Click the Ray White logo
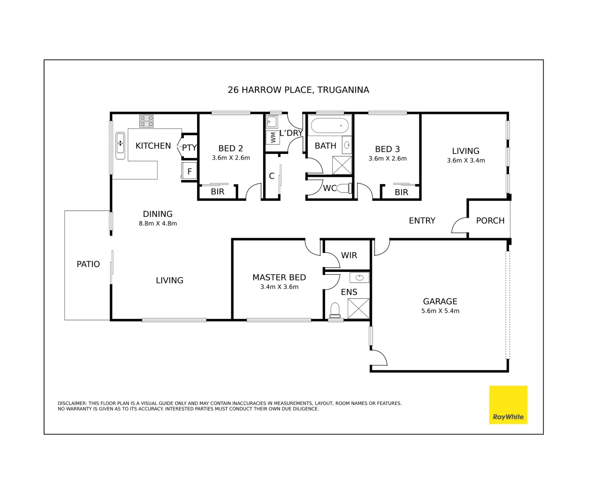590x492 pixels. point(508,405)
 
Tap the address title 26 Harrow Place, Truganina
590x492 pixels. point(298,90)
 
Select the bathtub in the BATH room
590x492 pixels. point(329,125)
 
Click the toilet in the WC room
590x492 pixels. point(345,188)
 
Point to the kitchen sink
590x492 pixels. point(120,145)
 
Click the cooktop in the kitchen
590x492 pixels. point(146,121)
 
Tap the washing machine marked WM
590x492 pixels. point(273,137)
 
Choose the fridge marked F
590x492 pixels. point(189,171)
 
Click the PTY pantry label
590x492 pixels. point(189,148)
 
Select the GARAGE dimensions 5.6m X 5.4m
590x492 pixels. point(440,311)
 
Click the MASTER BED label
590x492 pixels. point(279,277)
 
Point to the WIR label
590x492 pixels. point(349,256)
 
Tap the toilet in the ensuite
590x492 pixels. point(335,310)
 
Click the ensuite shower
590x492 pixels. point(358,308)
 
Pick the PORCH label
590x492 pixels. point(490,220)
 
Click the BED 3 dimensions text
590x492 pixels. point(387,159)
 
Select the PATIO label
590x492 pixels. point(88,264)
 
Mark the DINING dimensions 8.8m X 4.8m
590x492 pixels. point(158,224)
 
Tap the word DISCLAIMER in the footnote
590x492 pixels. point(72,403)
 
